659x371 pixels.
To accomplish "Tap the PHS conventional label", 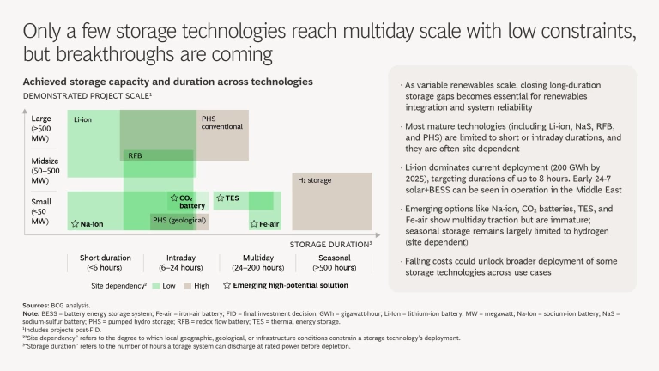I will coord(221,122).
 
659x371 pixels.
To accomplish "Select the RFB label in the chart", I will coord(135,155).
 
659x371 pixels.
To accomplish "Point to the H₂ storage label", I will coord(314,181).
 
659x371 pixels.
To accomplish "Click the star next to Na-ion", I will coord(75,222).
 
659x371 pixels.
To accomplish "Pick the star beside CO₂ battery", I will coord(174,198).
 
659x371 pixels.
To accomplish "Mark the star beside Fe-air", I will coord(253,223).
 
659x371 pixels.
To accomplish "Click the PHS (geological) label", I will coord(178,221).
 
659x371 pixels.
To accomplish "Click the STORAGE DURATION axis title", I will coord(329,244).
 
